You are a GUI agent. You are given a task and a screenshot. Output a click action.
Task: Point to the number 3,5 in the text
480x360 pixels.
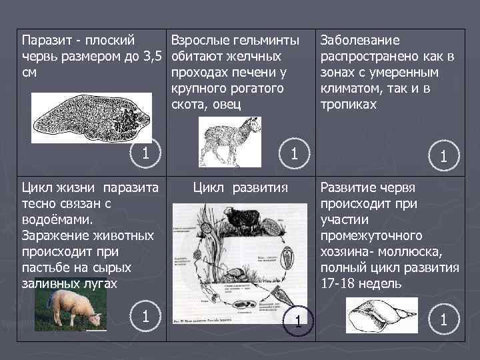pos(151,55)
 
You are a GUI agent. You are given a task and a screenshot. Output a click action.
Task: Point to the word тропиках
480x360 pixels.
pos(349,105)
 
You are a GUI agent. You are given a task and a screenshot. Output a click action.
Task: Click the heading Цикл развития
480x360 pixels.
pos(240,187)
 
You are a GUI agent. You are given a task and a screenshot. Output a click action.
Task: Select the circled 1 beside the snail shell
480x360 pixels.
pos(442,319)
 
